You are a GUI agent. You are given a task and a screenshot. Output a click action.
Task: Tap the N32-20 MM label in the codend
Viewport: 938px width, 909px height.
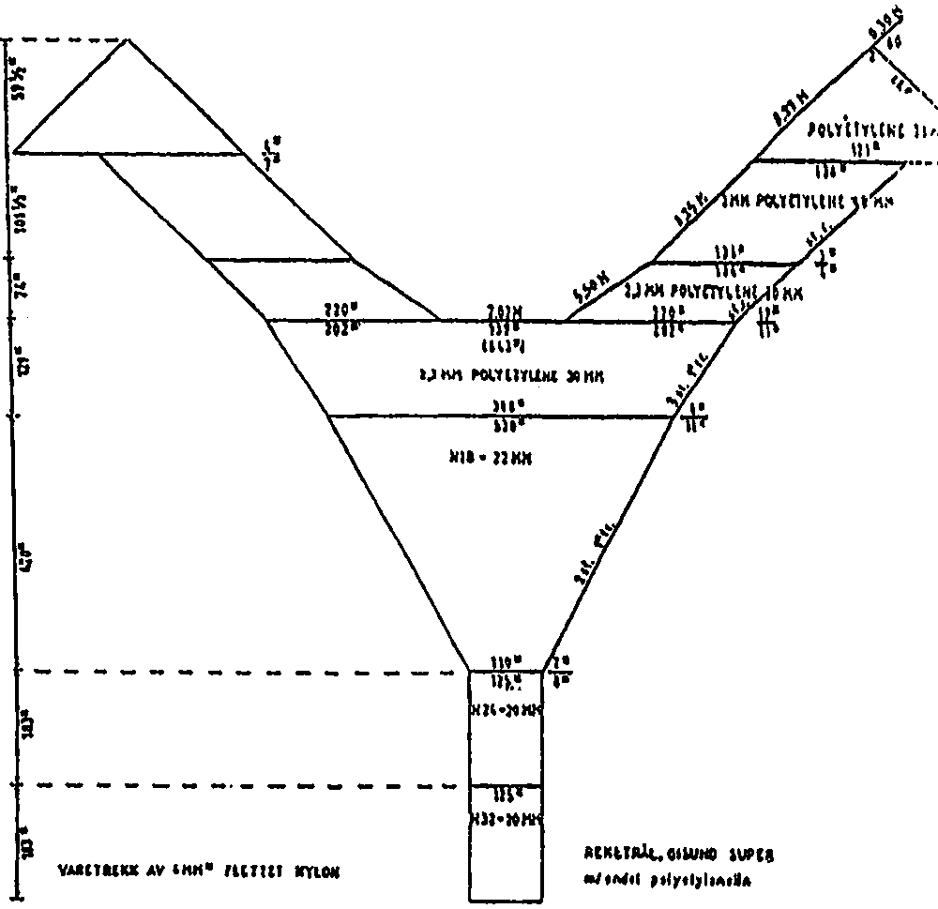[507, 819]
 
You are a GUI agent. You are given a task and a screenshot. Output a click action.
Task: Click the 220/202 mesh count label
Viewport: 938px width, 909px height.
[342, 313]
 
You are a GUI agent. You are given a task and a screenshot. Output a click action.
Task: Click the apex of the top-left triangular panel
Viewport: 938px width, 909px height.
[129, 39]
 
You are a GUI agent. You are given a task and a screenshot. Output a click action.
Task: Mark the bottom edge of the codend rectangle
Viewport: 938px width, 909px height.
[507, 901]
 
